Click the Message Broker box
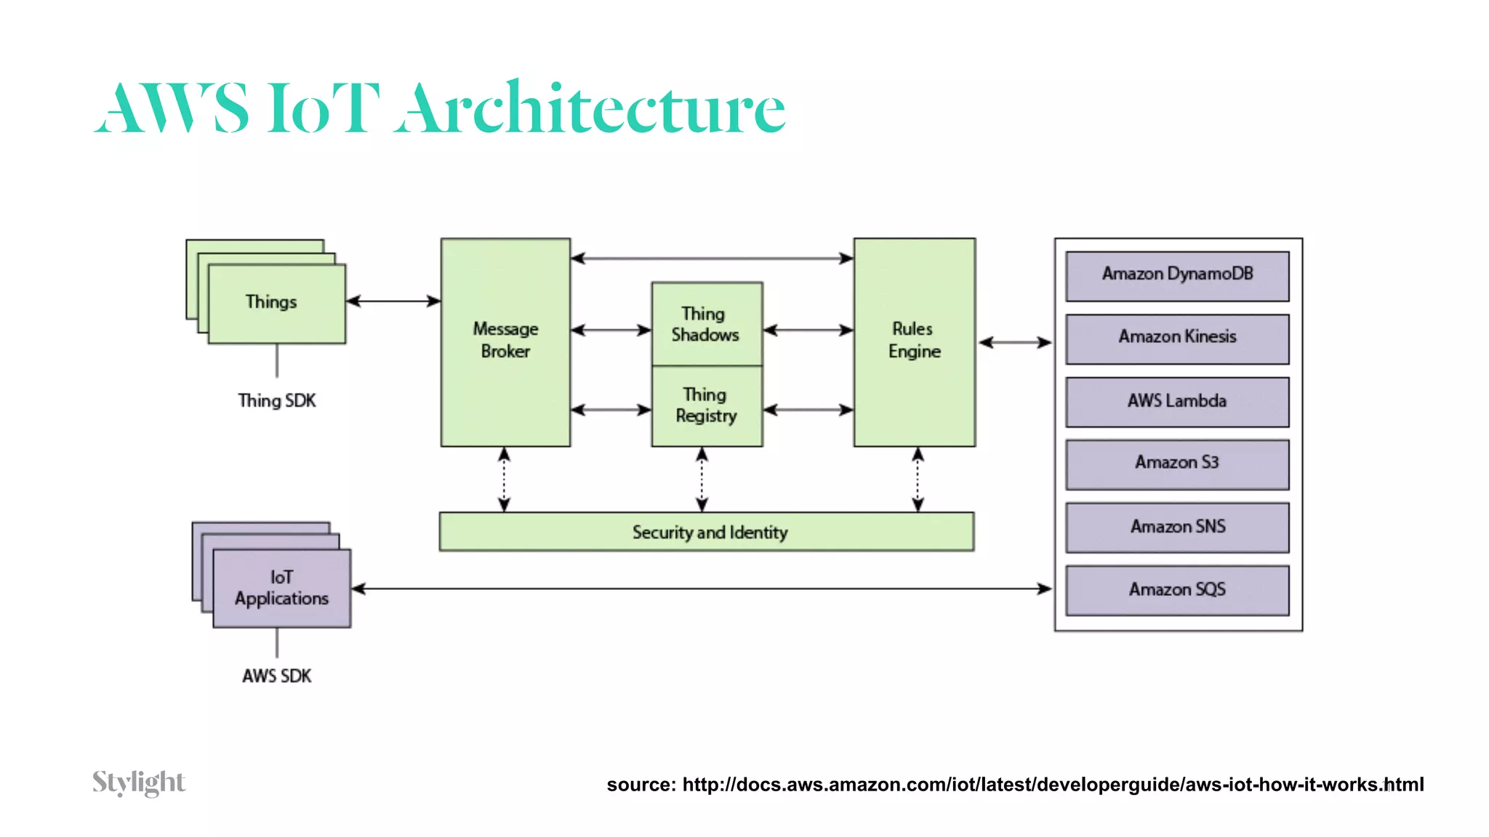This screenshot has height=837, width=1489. tap(505, 341)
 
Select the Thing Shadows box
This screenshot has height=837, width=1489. tap(707, 324)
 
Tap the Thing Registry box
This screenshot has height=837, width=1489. tap(707, 405)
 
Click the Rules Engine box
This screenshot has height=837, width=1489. tap(915, 341)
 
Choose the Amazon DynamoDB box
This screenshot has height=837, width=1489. tap(1177, 275)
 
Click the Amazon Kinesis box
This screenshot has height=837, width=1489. tap(1177, 338)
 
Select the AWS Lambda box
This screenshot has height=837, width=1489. tap(1177, 401)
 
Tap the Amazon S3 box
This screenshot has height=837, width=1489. tap(1177, 464)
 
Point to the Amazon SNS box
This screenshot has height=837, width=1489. tap(1177, 527)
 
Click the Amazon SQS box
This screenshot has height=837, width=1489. tap(1177, 590)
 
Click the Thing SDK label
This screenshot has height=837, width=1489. tap(277, 400)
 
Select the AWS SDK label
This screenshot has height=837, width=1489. tap(277, 676)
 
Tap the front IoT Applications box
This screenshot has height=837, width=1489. tap(282, 588)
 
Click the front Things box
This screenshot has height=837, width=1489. tap(276, 303)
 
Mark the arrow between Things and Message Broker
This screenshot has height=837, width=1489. tap(393, 301)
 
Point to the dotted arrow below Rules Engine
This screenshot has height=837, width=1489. tap(918, 480)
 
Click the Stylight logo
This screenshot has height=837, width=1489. tap(139, 783)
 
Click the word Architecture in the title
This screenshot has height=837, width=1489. tap(593, 109)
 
